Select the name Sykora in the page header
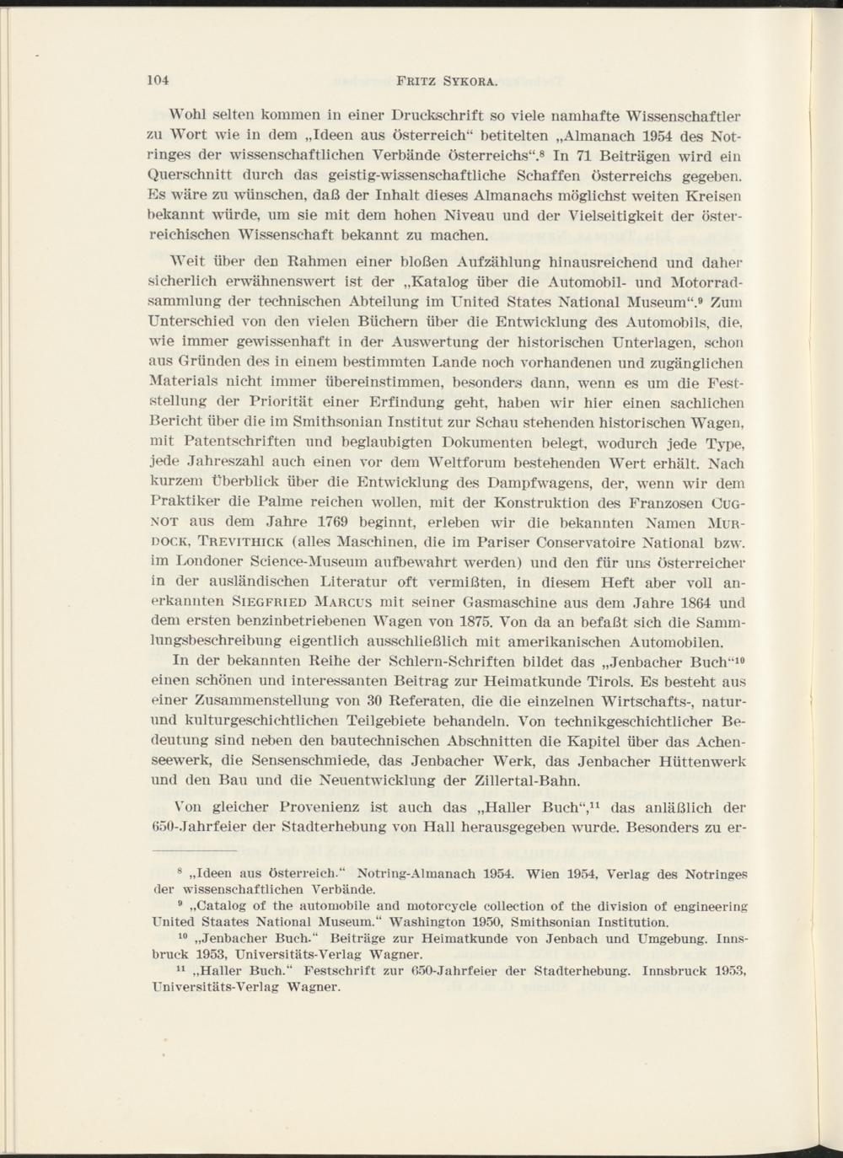pos(467,82)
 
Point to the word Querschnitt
pos(192,176)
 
